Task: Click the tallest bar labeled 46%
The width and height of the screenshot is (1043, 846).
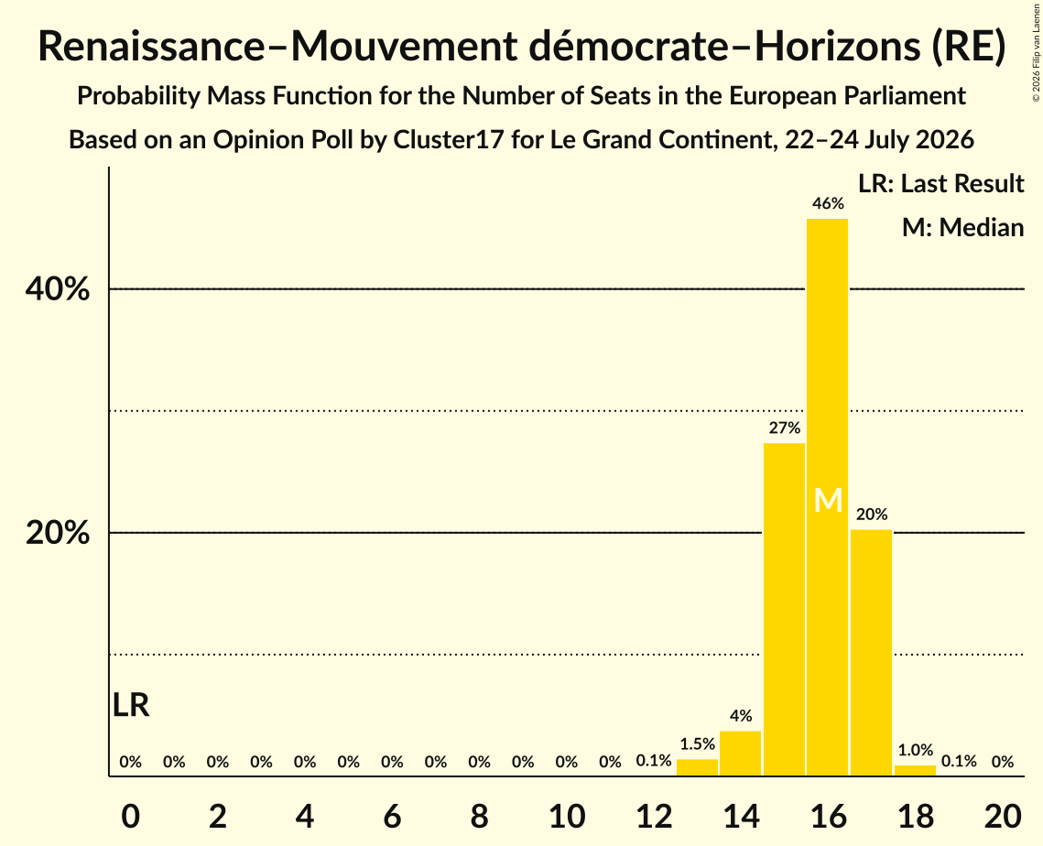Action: point(828,497)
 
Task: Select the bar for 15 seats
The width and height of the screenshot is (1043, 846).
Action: point(784,609)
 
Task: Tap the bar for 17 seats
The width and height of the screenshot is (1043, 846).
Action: point(872,653)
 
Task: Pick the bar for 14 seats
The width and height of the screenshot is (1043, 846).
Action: point(740,754)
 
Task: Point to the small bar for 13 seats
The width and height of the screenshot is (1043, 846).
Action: point(697,767)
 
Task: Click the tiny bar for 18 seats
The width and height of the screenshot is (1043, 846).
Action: point(915,770)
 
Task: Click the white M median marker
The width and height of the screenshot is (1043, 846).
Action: point(828,500)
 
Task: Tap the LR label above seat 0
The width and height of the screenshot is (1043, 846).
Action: point(131,705)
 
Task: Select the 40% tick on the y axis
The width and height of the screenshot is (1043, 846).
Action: point(57,289)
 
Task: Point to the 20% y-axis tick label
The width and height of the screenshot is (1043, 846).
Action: point(57,533)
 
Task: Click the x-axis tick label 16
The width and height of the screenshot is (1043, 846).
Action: point(828,816)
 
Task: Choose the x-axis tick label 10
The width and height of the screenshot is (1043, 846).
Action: point(567,816)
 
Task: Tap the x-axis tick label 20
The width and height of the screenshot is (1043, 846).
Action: point(1003,816)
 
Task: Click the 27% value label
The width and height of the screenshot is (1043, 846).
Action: point(784,428)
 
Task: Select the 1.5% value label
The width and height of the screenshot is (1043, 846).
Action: point(697,744)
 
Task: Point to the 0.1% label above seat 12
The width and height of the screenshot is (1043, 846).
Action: point(654,761)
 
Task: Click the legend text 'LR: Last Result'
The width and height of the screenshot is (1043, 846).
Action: point(940,183)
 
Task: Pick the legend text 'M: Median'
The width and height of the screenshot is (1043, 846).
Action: point(962,227)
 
